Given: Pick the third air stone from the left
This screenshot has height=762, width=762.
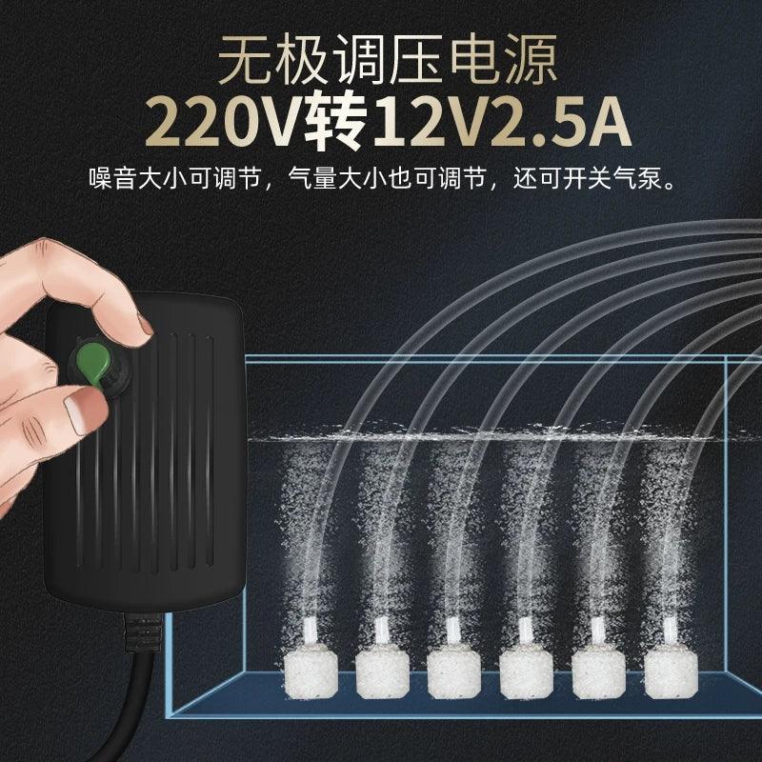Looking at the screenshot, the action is coord(454,673).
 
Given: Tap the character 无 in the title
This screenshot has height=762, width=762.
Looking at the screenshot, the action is coord(246,59).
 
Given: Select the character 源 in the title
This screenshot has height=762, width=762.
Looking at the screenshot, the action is coord(530,59).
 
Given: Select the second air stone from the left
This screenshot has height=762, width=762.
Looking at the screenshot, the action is coord(383,673).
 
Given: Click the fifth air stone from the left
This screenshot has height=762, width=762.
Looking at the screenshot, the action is coord(599,672).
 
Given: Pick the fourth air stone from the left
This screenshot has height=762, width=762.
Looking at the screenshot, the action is coord(527,673).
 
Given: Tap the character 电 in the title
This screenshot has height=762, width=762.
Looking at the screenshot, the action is coord(473,59).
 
